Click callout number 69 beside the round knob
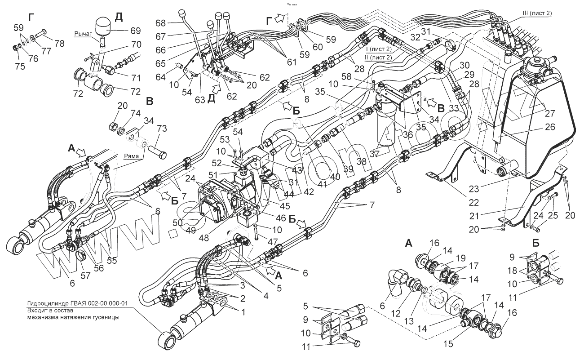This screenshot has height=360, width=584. (135, 31)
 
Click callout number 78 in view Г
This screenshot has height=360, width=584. (60, 44)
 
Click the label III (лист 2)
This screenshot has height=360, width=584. (537, 13)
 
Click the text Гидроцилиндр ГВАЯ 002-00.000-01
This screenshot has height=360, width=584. (77, 304)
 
